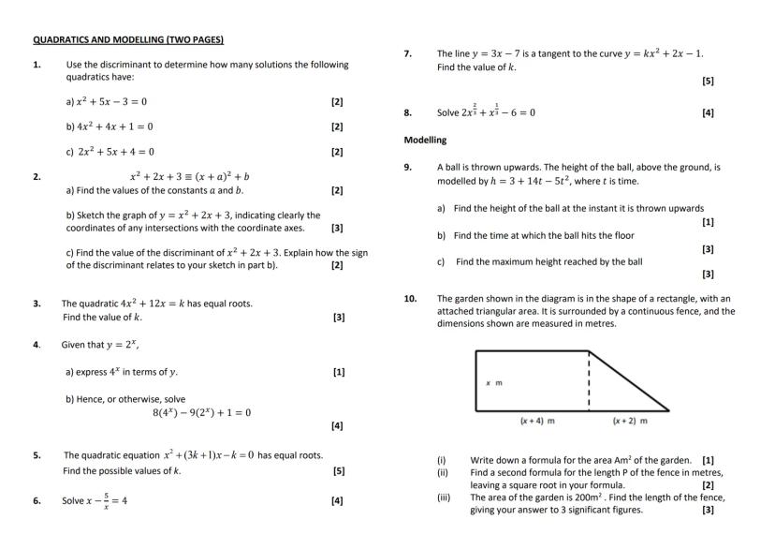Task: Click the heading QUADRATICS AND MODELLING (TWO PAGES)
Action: (x=128, y=40)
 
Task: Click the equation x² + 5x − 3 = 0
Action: (x=106, y=101)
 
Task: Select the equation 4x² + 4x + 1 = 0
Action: (x=110, y=126)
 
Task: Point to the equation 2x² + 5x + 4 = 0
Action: (x=110, y=152)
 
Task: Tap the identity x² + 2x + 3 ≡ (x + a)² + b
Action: (x=189, y=176)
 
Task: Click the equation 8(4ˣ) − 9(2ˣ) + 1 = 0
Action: (x=201, y=412)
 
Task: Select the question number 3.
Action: (x=37, y=304)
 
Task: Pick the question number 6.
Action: (x=37, y=500)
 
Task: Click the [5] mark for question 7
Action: (x=708, y=82)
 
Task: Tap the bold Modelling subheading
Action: (x=425, y=140)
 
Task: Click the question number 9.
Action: (x=408, y=167)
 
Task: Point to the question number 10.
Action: (x=410, y=299)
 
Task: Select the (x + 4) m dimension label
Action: (x=537, y=421)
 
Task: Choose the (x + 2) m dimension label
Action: (x=630, y=421)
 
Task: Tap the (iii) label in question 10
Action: (x=444, y=498)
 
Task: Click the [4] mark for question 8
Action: (x=708, y=112)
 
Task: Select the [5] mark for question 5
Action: (x=338, y=471)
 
